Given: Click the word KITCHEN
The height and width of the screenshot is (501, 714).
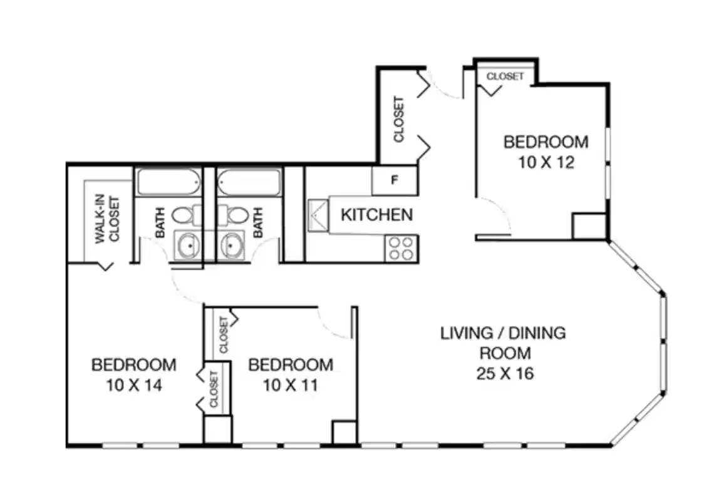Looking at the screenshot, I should [x=376, y=215].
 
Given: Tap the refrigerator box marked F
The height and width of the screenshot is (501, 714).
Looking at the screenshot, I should [x=395, y=180].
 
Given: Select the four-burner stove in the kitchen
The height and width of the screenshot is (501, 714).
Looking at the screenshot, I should [x=401, y=247].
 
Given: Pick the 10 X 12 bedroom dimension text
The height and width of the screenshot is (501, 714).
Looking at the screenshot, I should [x=546, y=163].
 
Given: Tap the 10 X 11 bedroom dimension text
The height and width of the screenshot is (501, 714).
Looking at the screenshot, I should [x=291, y=385].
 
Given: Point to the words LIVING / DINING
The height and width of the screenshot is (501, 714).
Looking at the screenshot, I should [x=503, y=333].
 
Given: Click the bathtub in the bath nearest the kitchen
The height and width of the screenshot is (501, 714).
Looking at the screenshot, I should [x=247, y=183].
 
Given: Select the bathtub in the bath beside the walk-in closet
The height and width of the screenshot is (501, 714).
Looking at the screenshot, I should [x=168, y=183].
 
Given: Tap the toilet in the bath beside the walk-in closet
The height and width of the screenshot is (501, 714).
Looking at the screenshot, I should [x=182, y=216].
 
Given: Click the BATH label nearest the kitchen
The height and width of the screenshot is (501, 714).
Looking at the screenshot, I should [x=257, y=223].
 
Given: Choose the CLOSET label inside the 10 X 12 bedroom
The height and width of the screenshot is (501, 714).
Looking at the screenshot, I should [x=505, y=76].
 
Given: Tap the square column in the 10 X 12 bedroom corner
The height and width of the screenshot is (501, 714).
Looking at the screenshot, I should [x=589, y=226].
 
